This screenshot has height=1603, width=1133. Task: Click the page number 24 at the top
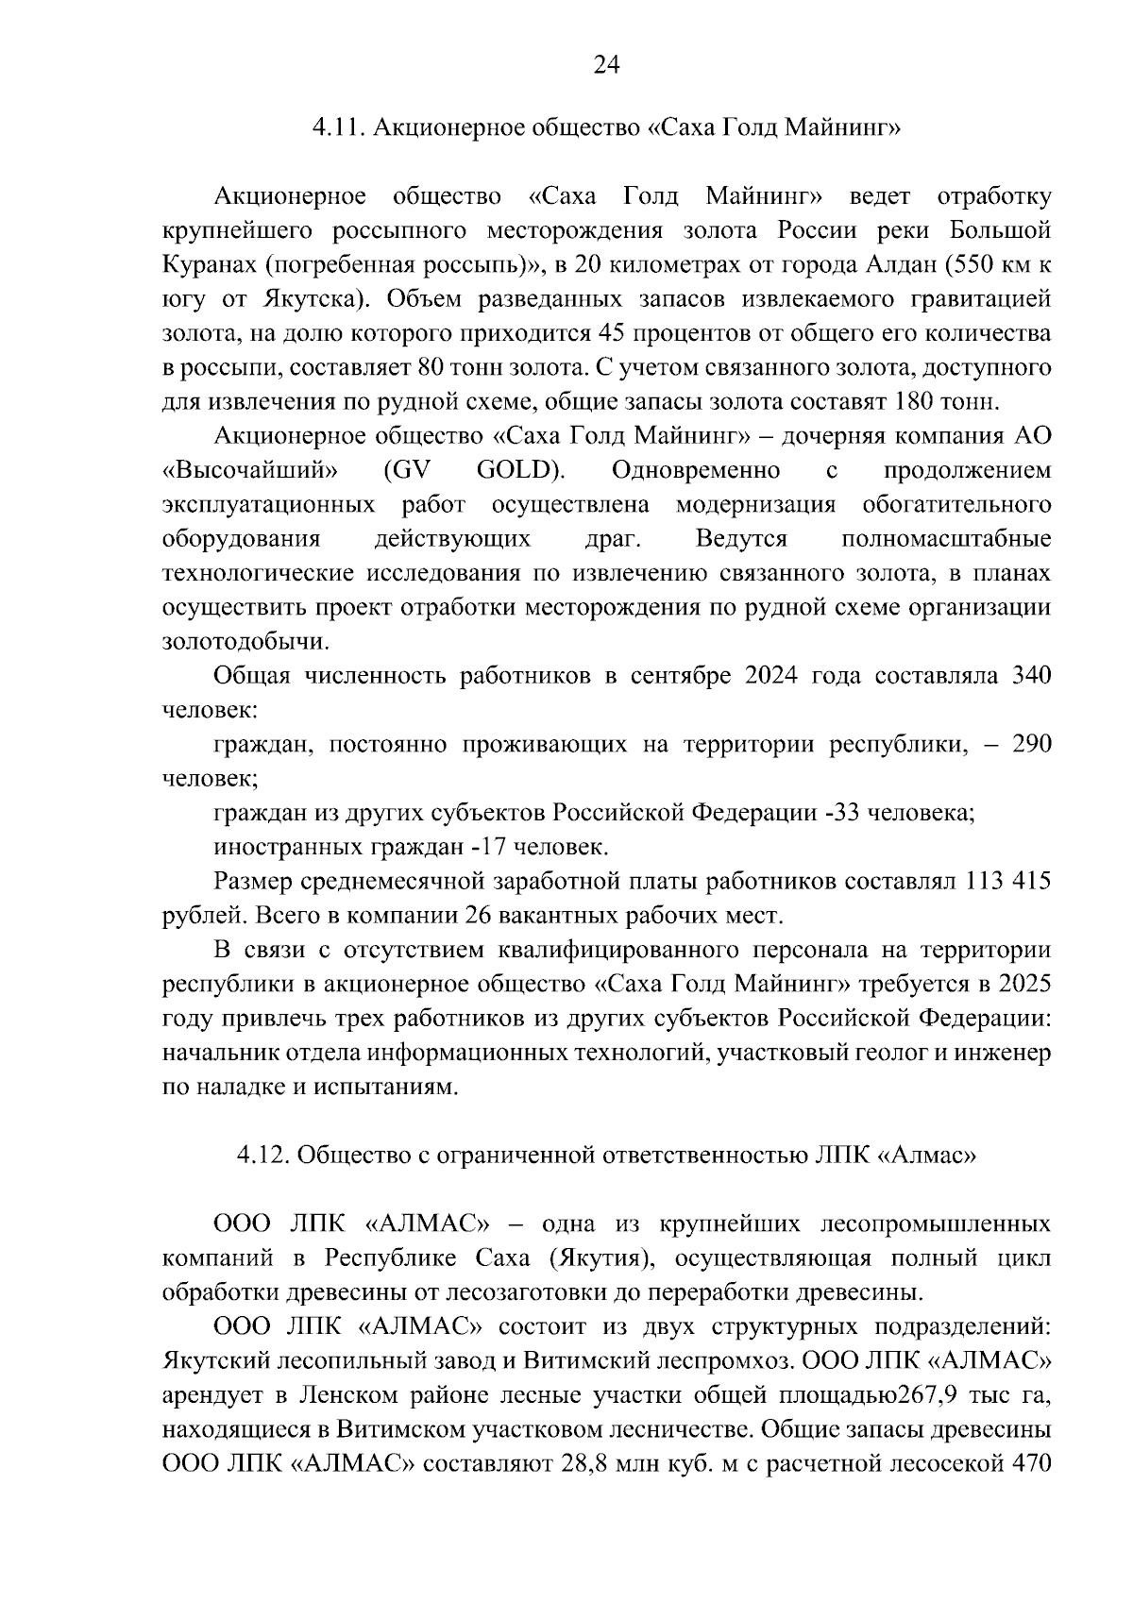pos(605,64)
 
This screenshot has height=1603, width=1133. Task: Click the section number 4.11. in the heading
pos(340,128)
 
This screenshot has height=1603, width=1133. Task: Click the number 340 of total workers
pos(1030,677)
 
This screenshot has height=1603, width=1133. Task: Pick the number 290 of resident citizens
pos(1030,745)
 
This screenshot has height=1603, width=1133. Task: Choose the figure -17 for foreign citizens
pos(483,848)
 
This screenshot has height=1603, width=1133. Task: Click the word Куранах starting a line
pos(208,265)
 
